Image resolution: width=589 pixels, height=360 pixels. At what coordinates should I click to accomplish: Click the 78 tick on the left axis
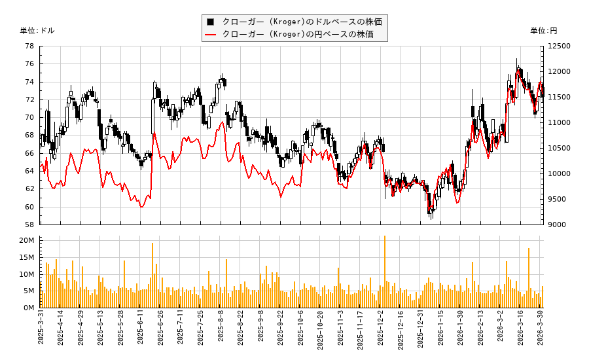(29, 46)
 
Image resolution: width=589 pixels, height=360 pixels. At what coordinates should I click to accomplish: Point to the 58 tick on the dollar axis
(29, 225)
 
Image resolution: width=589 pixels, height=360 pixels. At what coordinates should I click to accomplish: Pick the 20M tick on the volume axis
(27, 241)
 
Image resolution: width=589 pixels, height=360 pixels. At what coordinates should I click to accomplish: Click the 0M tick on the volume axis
(29, 308)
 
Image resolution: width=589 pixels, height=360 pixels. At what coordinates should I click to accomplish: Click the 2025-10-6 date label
(301, 331)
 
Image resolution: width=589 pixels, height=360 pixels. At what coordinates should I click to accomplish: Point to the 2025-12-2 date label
(382, 331)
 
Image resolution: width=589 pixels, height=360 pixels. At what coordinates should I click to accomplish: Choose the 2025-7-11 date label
(181, 331)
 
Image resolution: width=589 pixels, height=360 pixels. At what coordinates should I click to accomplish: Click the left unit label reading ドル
(37, 31)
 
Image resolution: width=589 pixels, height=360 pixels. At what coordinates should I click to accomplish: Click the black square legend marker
(210, 22)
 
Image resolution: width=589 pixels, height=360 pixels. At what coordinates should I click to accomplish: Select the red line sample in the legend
(210, 34)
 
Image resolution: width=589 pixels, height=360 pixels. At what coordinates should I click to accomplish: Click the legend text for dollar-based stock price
(302, 22)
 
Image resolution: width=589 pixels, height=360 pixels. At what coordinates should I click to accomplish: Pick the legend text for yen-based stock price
(298, 34)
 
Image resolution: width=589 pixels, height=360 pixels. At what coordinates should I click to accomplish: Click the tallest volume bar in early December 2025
(384, 272)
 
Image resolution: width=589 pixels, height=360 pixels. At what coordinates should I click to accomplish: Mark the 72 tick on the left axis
(29, 100)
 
